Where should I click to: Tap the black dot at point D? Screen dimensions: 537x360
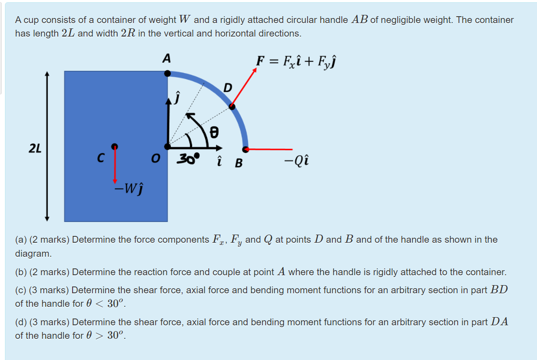(232, 106)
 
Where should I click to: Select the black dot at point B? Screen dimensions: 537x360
(245, 148)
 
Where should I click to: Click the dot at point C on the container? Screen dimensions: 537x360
(115, 146)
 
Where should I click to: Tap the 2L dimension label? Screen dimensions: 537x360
(34, 148)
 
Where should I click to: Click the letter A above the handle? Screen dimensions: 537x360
(167, 58)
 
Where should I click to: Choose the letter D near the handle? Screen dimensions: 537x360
(228, 88)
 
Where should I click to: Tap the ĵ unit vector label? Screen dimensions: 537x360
(178, 97)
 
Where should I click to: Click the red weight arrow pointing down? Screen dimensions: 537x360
(115, 165)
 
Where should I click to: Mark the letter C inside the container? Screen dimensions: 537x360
(101, 158)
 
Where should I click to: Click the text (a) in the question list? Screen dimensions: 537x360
(21, 240)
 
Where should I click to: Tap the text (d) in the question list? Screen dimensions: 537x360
(21, 322)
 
